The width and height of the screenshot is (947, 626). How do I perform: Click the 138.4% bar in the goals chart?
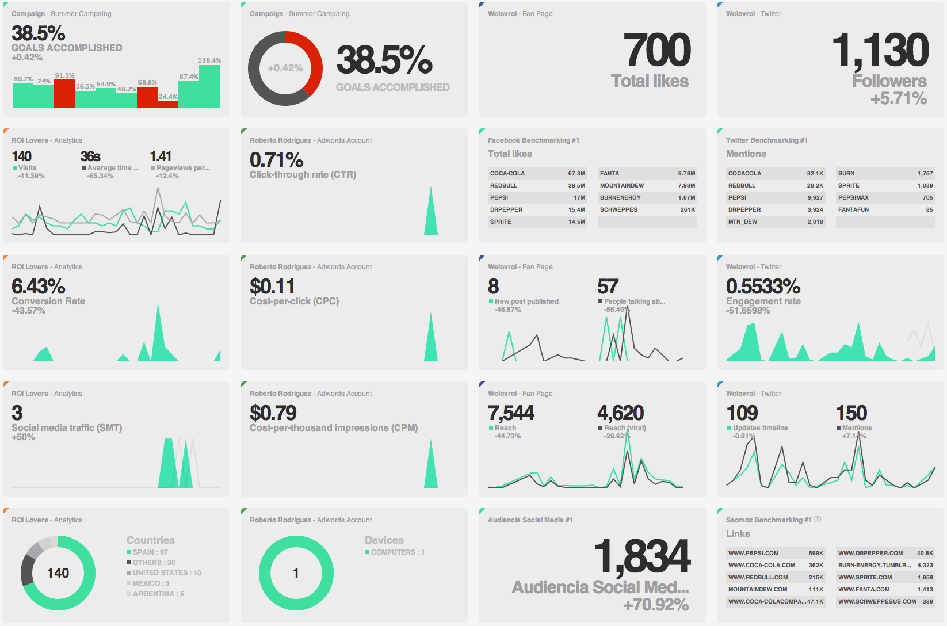[x=209, y=86]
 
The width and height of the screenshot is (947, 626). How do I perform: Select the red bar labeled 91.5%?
[x=64, y=94]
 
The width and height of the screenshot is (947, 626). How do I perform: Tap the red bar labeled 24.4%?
[x=168, y=104]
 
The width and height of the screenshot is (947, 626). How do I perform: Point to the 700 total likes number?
[x=657, y=50]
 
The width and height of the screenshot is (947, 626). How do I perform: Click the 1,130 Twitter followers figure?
[x=880, y=50]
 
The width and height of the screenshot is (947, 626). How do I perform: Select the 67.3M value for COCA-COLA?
[x=576, y=173]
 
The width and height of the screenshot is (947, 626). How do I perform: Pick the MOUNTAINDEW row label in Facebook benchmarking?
[x=622, y=185]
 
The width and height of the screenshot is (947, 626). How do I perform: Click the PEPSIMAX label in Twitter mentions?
[x=853, y=197]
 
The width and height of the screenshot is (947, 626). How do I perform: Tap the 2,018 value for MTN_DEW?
[x=815, y=222]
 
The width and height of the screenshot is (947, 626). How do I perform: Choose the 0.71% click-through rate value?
[x=276, y=159]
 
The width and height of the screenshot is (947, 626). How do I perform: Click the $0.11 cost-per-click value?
[x=272, y=286]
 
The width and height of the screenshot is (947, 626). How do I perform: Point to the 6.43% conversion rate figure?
[x=39, y=286]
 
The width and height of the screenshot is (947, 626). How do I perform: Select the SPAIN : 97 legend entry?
[x=150, y=552]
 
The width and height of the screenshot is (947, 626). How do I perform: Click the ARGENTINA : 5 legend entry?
[x=158, y=593]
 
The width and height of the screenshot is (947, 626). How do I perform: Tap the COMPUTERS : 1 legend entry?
[x=397, y=552]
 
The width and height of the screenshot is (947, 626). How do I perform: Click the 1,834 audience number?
[x=641, y=556]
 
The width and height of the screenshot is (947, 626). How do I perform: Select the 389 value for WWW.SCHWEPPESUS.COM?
[x=927, y=601]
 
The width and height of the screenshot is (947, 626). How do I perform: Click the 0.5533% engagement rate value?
[x=763, y=286]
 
